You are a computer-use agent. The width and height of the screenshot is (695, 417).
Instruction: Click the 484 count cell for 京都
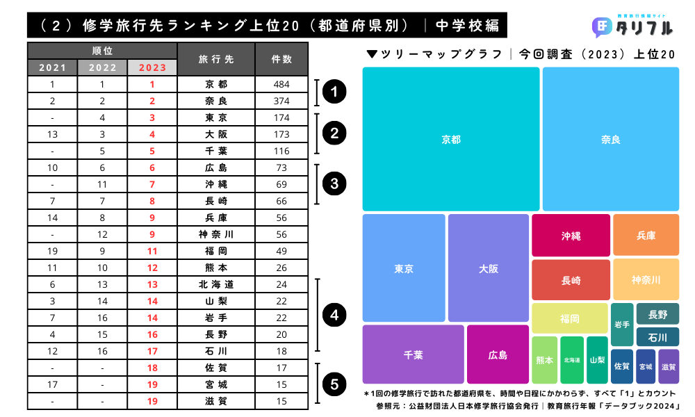pyautogui.click(x=281, y=84)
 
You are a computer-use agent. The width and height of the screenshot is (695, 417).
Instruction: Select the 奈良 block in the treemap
pyautogui.click(x=610, y=139)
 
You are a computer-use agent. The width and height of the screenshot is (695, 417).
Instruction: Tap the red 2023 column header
pyautogui.click(x=153, y=67)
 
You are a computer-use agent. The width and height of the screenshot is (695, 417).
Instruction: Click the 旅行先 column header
pyautogui.click(x=216, y=59)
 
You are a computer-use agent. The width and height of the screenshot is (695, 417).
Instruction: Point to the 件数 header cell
pyautogui.click(x=281, y=59)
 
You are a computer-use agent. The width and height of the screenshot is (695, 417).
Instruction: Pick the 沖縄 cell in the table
pyautogui.click(x=216, y=184)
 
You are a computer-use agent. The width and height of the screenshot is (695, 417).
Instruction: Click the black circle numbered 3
pyautogui.click(x=335, y=184)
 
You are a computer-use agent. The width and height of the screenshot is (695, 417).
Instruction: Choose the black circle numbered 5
pyautogui.click(x=335, y=384)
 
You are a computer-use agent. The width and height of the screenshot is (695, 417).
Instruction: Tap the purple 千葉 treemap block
pyautogui.click(x=413, y=354)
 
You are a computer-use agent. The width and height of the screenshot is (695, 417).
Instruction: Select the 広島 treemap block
pyautogui.click(x=498, y=354)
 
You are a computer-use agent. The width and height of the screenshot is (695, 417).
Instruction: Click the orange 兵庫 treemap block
pyautogui.click(x=646, y=235)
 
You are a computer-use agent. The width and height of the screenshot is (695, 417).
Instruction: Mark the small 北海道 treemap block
pyautogui.click(x=572, y=360)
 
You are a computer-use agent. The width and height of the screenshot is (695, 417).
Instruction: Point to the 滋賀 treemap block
pyautogui.click(x=669, y=366)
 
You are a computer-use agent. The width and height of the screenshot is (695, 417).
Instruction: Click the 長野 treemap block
pyautogui.click(x=657, y=314)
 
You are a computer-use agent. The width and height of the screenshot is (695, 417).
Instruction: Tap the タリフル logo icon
pyautogui.click(x=601, y=28)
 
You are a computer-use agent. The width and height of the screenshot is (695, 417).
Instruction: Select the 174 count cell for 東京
pyautogui.click(x=281, y=117)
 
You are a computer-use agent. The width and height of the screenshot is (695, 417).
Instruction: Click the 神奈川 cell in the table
pyautogui.click(x=216, y=234)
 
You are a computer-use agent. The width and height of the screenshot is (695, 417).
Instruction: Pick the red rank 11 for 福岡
pyautogui.click(x=153, y=251)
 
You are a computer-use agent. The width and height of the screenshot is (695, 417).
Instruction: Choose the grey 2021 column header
pyautogui.click(x=53, y=67)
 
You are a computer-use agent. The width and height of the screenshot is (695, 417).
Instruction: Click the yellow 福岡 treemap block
pyautogui.click(x=569, y=318)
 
